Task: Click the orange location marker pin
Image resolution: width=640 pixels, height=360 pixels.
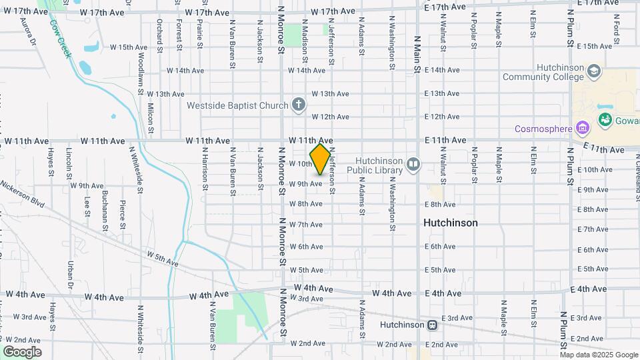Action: pos(321,159)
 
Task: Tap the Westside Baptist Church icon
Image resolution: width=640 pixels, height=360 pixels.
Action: pos(299,105)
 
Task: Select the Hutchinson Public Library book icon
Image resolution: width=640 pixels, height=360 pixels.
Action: pos(413,164)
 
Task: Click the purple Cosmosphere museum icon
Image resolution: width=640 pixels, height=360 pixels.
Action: pos(583,128)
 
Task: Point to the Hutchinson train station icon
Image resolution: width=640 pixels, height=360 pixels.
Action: pos(433,325)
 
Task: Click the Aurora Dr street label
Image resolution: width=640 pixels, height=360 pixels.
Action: pos(29,32)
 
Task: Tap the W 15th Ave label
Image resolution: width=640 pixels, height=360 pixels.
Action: pos(128,47)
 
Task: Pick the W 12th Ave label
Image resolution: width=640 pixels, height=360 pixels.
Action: pos(330,117)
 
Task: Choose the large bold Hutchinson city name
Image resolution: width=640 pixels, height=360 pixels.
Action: pos(451,223)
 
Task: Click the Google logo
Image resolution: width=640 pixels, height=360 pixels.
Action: pos(22,352)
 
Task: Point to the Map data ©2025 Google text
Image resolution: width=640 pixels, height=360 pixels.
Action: pos(598,355)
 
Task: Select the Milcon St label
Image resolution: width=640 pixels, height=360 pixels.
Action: pos(151,114)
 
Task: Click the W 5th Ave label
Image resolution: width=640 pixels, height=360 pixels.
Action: pos(163,259)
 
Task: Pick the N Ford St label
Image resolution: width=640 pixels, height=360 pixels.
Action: pos(617,31)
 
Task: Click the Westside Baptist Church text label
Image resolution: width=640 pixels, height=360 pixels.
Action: pos(237,105)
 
